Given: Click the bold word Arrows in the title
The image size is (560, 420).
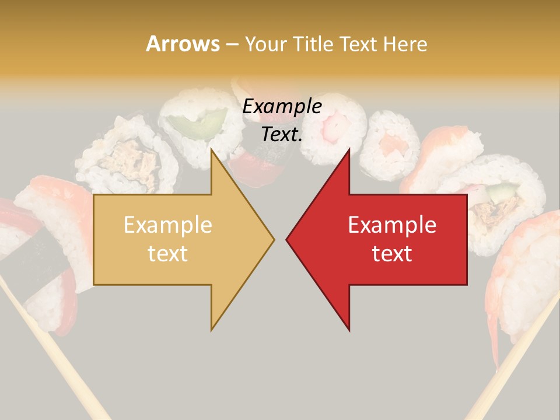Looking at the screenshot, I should point(183,44).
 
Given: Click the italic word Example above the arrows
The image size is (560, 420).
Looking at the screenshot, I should point(282,107).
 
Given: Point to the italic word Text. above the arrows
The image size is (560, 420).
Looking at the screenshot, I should point(282,134).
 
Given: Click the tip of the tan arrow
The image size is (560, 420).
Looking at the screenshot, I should point(273,239).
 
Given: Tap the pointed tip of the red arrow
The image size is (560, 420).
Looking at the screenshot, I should point(288,239).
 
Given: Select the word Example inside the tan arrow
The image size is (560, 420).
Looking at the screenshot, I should point(168,225).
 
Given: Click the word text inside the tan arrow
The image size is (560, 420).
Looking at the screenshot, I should point(168,254).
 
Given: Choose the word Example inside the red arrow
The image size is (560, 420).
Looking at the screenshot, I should point(392,225).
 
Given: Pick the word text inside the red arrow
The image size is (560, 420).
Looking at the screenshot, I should point(392,254).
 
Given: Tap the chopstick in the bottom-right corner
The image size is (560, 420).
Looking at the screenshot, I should point(513,362).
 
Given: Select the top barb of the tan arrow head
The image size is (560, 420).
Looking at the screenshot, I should point(213,153).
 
